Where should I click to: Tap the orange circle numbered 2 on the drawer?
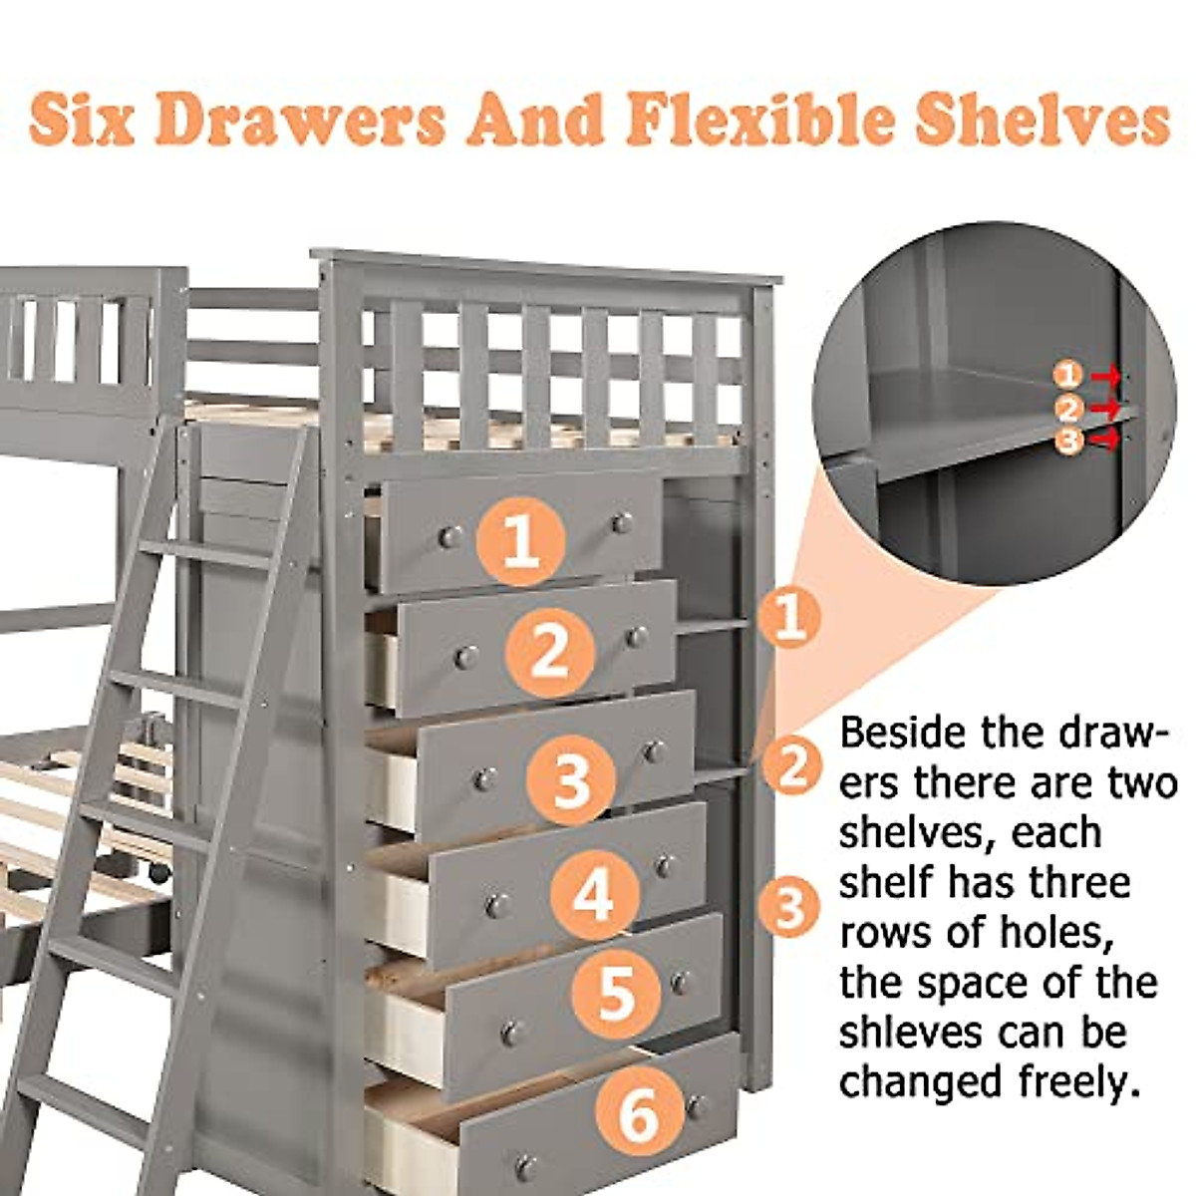click(x=549, y=653)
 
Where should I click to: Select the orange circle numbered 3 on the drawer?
click(x=571, y=778)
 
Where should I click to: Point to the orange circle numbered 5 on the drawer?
click(x=616, y=993)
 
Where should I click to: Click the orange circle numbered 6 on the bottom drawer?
click(x=639, y=1113)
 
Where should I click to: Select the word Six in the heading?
click(x=82, y=120)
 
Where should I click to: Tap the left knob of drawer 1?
click(x=449, y=537)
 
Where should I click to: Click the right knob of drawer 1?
click(x=623, y=522)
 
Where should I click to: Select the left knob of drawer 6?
click(x=525, y=1166)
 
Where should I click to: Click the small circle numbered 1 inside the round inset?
click(x=1068, y=375)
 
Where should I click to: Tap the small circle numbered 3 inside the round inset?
click(x=1068, y=442)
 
